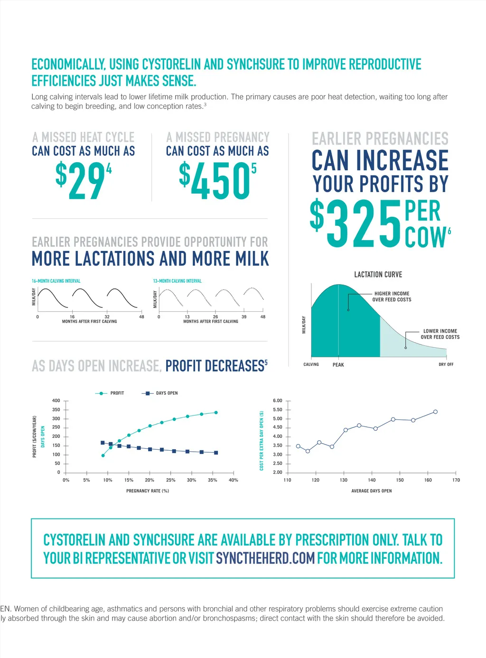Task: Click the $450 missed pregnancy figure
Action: pyautogui.click(x=216, y=181)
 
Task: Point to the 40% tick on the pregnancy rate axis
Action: pyautogui.click(x=234, y=480)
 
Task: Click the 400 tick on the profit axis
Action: pyautogui.click(x=56, y=401)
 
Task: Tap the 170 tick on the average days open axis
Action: pyautogui.click(x=456, y=480)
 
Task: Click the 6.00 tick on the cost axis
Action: pyautogui.click(x=278, y=401)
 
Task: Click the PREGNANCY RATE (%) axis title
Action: pyautogui.click(x=148, y=491)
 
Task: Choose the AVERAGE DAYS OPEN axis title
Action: pyautogui.click(x=372, y=491)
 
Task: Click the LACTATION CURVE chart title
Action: pyautogui.click(x=378, y=275)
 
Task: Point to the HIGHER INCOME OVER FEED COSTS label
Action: pyautogui.click(x=392, y=297)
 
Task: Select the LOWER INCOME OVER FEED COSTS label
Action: pyautogui.click(x=440, y=334)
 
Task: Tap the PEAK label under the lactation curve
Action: pyautogui.click(x=338, y=365)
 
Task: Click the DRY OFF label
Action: pyautogui.click(x=446, y=365)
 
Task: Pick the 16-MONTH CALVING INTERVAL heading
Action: pyautogui.click(x=56, y=281)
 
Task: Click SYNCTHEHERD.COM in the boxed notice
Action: pyautogui.click(x=265, y=558)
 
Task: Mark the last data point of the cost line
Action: pyautogui.click(x=435, y=412)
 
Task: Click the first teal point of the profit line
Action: pyautogui.click(x=103, y=455)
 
